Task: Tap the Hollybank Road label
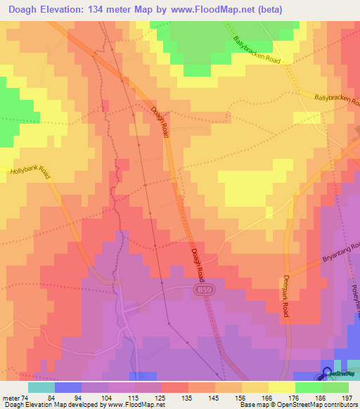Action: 31,171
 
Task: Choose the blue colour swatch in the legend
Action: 67,387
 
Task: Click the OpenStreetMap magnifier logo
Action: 327,372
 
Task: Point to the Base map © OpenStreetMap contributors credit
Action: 297,405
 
